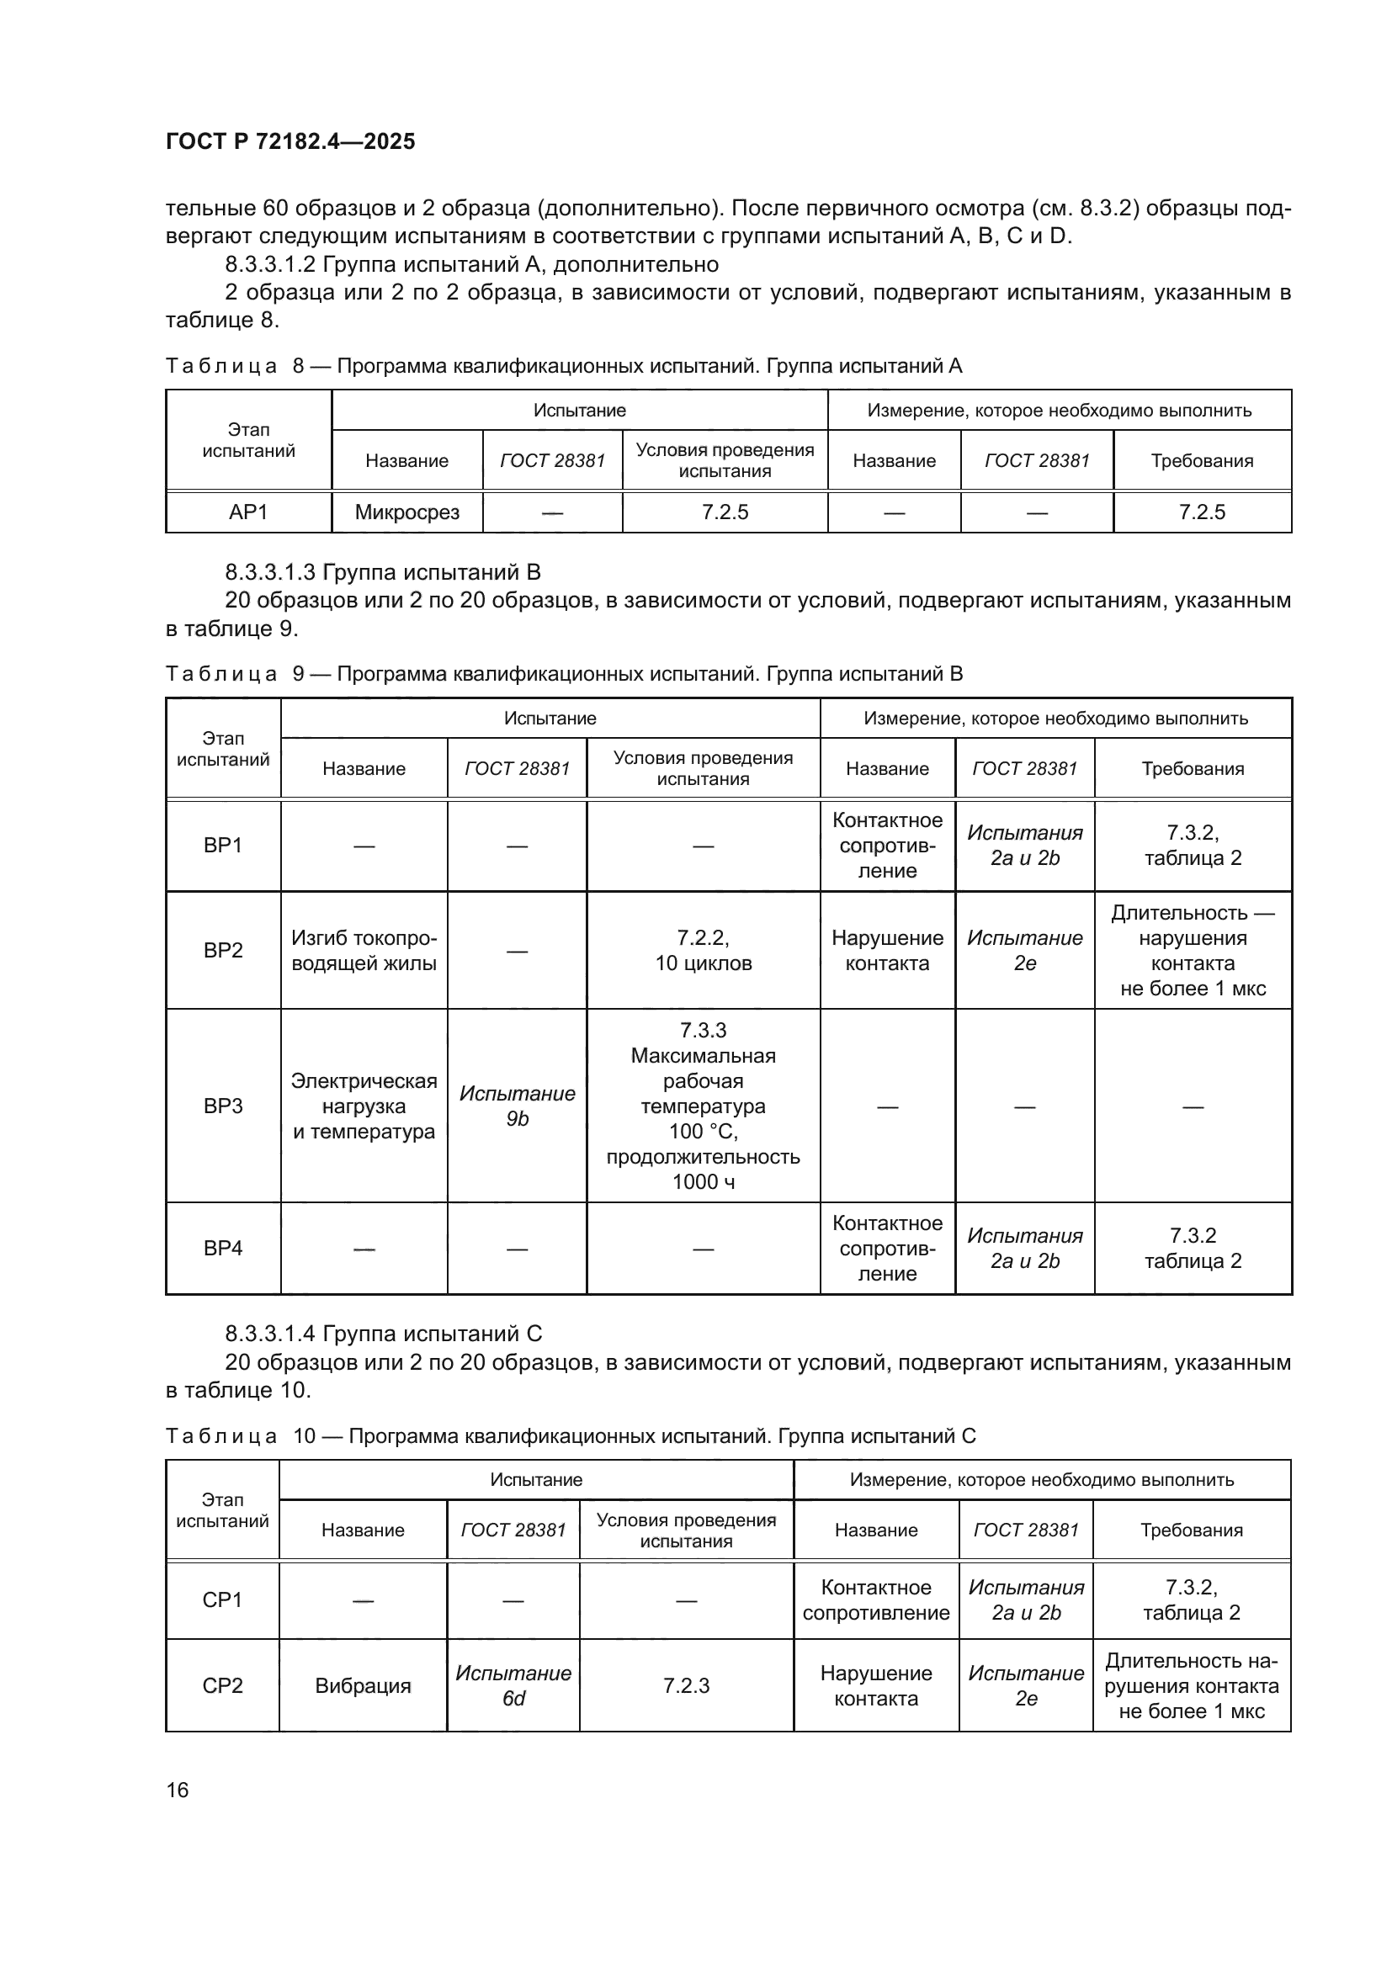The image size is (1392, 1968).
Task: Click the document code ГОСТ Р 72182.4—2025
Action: coord(290,141)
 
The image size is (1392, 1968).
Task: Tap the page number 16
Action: coord(178,1790)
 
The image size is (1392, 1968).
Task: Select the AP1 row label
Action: coord(248,512)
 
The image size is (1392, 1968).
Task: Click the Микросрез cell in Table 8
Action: coord(407,512)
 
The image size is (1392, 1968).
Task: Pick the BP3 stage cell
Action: coord(223,1106)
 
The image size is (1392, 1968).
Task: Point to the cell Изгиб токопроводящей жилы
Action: coord(364,951)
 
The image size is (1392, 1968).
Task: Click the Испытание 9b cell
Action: coord(517,1106)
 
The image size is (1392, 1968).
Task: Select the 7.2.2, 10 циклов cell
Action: coord(703,951)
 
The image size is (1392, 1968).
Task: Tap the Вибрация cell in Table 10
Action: coord(363,1686)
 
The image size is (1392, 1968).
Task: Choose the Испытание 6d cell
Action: coord(513,1686)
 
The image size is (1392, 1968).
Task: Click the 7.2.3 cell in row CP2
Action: coord(686,1686)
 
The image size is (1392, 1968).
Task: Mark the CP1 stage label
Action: coord(222,1599)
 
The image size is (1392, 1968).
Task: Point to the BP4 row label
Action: coord(223,1248)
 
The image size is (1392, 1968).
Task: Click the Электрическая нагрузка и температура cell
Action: coord(364,1106)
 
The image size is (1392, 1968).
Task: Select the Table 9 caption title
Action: coord(564,674)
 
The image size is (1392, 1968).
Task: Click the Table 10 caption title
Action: coord(570,1435)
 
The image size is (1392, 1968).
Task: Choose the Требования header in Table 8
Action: coord(1202,461)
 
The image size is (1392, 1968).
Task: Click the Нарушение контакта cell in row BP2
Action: coord(887,951)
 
